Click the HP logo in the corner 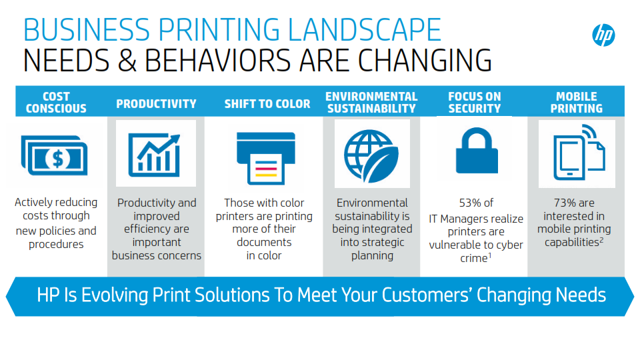pos(603,35)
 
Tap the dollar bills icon pos(54,155)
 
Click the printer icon pos(266,159)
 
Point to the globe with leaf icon pos(371,155)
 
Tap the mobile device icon pos(579,152)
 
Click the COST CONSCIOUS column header pos(56,103)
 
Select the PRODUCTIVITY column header pos(156,104)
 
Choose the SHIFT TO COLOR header pos(267,104)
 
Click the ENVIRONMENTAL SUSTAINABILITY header pos(371,103)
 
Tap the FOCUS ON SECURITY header pos(474,103)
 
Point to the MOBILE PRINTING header pos(576,103)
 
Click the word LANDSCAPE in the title pos(365,30)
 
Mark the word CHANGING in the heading pos(425,61)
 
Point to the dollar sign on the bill pos(58,159)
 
